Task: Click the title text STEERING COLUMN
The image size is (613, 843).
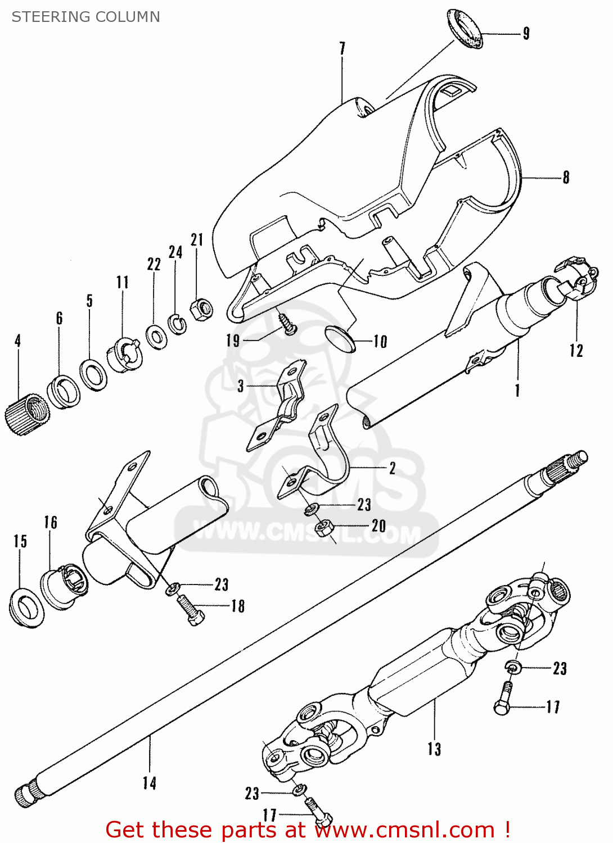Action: pyautogui.click(x=85, y=17)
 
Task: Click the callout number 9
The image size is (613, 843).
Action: pyautogui.click(x=526, y=33)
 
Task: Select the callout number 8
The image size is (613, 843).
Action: pyautogui.click(x=566, y=177)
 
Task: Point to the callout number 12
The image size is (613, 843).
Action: pyautogui.click(x=576, y=351)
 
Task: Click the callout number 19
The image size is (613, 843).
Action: pyautogui.click(x=233, y=341)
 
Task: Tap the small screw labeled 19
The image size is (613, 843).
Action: pyautogui.click(x=288, y=325)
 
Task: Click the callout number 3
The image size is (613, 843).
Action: pyautogui.click(x=241, y=386)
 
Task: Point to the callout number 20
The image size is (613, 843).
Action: pyautogui.click(x=378, y=526)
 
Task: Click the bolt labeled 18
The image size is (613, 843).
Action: pyautogui.click(x=191, y=609)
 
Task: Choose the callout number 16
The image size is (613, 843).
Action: pyautogui.click(x=51, y=522)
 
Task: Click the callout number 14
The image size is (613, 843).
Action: pyautogui.click(x=149, y=783)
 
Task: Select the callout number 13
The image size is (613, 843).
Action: pyautogui.click(x=434, y=749)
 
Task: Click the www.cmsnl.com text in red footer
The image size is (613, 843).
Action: pyautogui.click(x=404, y=830)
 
